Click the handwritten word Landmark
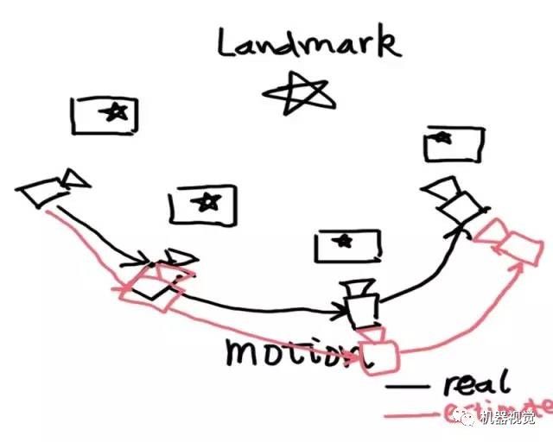(309, 43)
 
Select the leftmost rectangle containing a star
(105, 115)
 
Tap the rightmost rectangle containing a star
(453, 143)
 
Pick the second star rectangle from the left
(203, 204)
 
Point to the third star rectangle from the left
(347, 245)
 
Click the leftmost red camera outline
(147, 286)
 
